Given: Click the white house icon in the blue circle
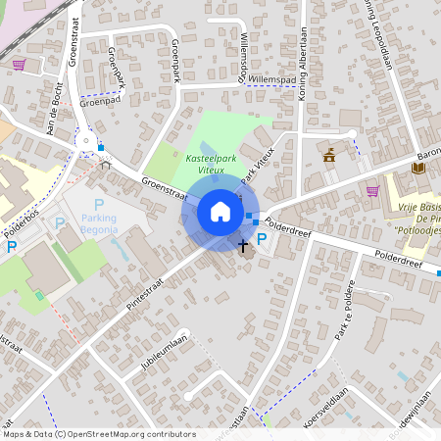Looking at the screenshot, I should tap(220, 211).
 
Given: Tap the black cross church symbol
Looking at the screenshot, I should tap(242, 245).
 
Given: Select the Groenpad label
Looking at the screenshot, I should tap(99, 100).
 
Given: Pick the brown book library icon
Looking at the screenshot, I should tap(418, 169).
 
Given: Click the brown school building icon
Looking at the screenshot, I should tap(329, 155).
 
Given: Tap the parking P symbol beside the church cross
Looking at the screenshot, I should tap(262, 238).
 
